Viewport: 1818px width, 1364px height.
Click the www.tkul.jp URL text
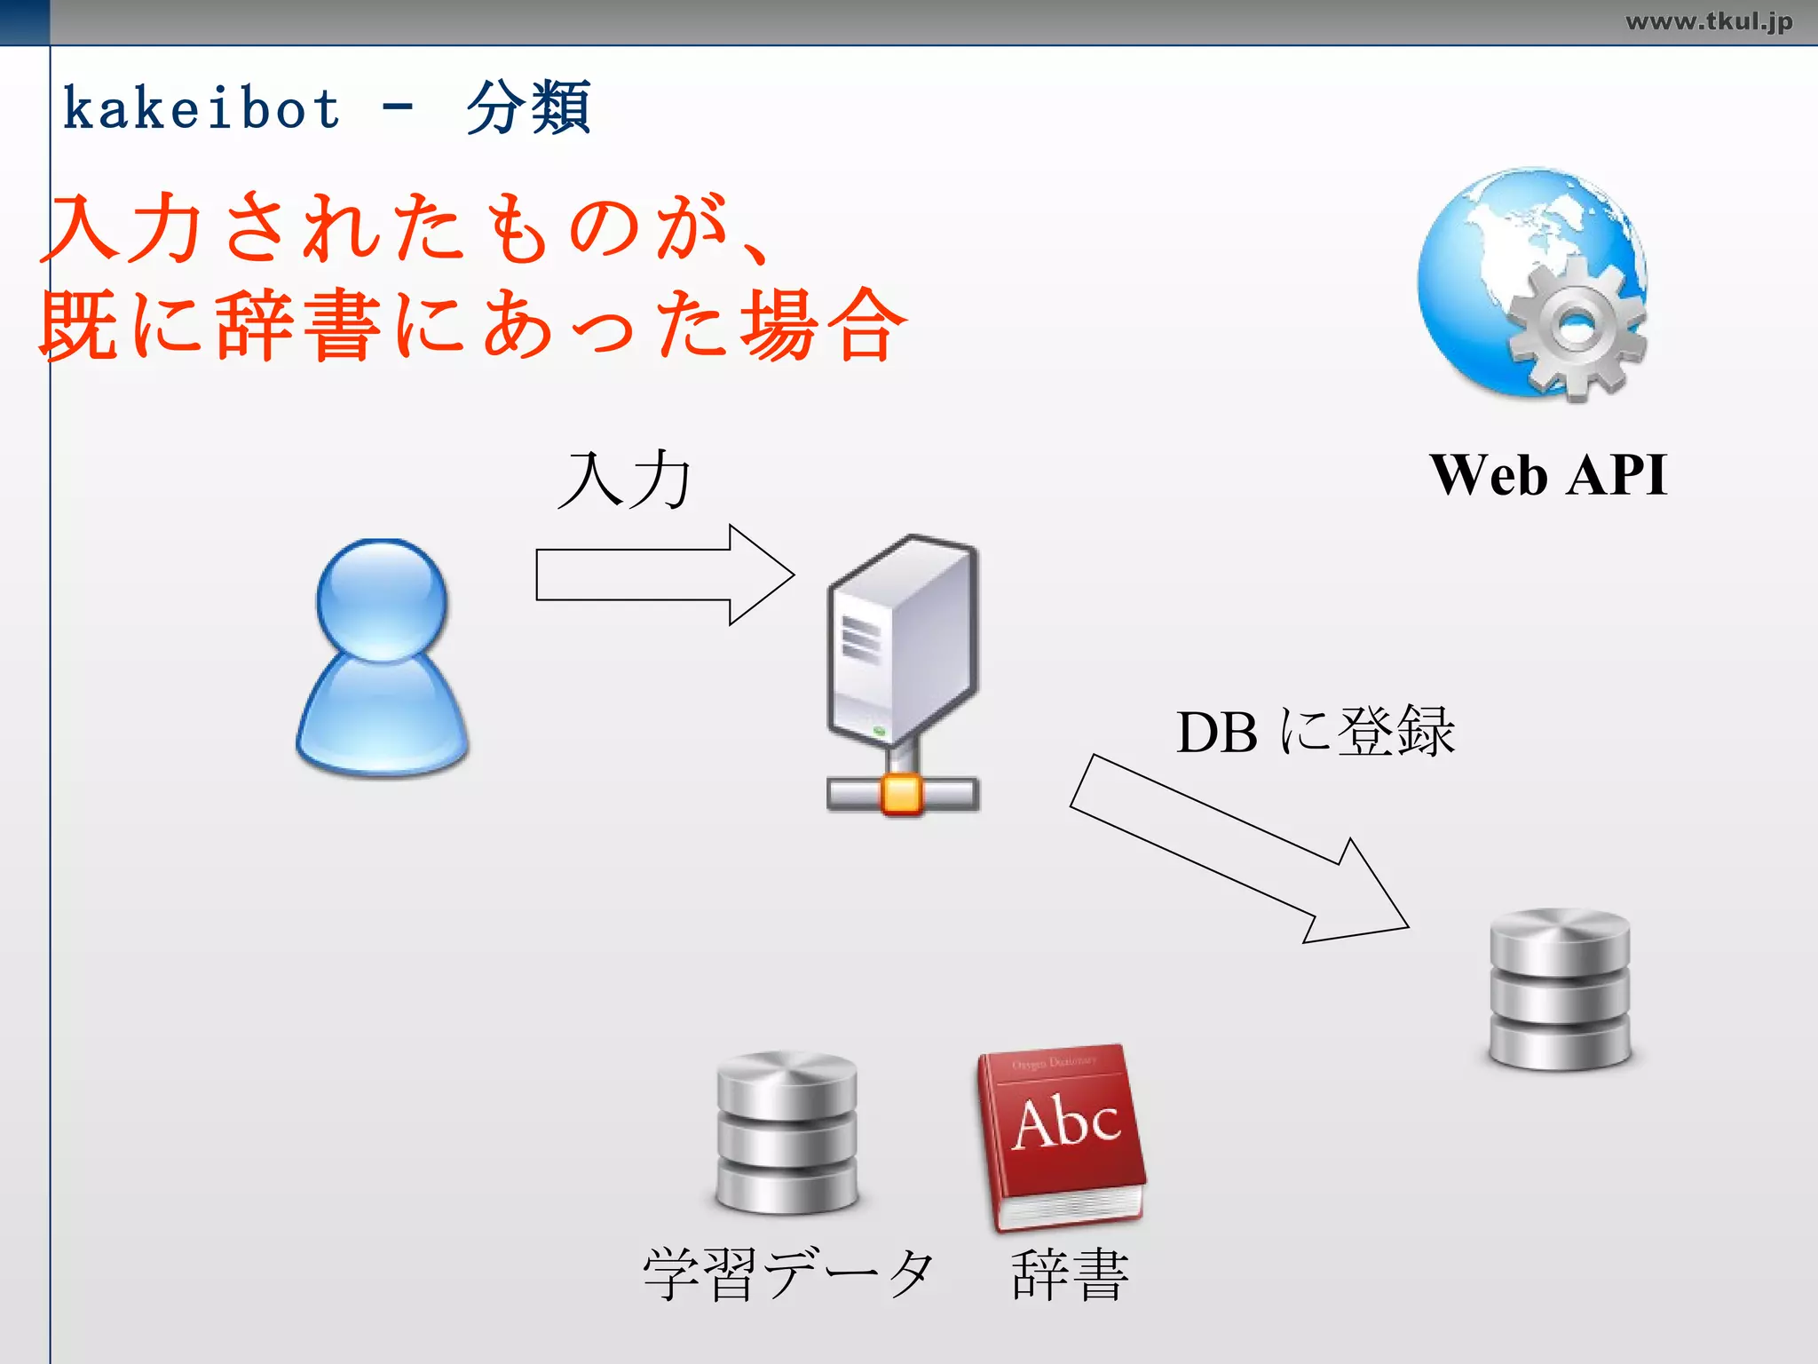point(1708,21)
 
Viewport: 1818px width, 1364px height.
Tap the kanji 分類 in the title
point(528,108)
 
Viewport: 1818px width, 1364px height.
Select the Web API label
point(1548,475)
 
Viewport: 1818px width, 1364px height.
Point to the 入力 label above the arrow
point(626,480)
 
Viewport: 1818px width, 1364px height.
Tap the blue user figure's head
point(383,599)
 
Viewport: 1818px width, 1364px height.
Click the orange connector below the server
point(902,793)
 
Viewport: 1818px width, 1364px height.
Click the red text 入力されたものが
point(391,229)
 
